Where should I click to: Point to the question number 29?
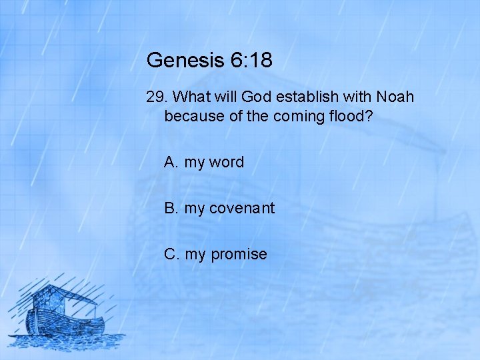pos(155,97)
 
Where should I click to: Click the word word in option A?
pos(227,162)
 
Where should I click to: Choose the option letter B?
pos(171,208)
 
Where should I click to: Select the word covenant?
pos(241,208)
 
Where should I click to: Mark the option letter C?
pos(171,254)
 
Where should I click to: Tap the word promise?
pos(239,254)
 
